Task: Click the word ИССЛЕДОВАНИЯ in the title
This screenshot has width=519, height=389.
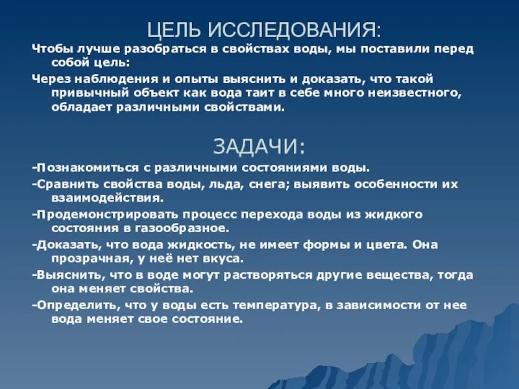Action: [295, 30]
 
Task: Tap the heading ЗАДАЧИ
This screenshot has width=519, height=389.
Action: [259, 146]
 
